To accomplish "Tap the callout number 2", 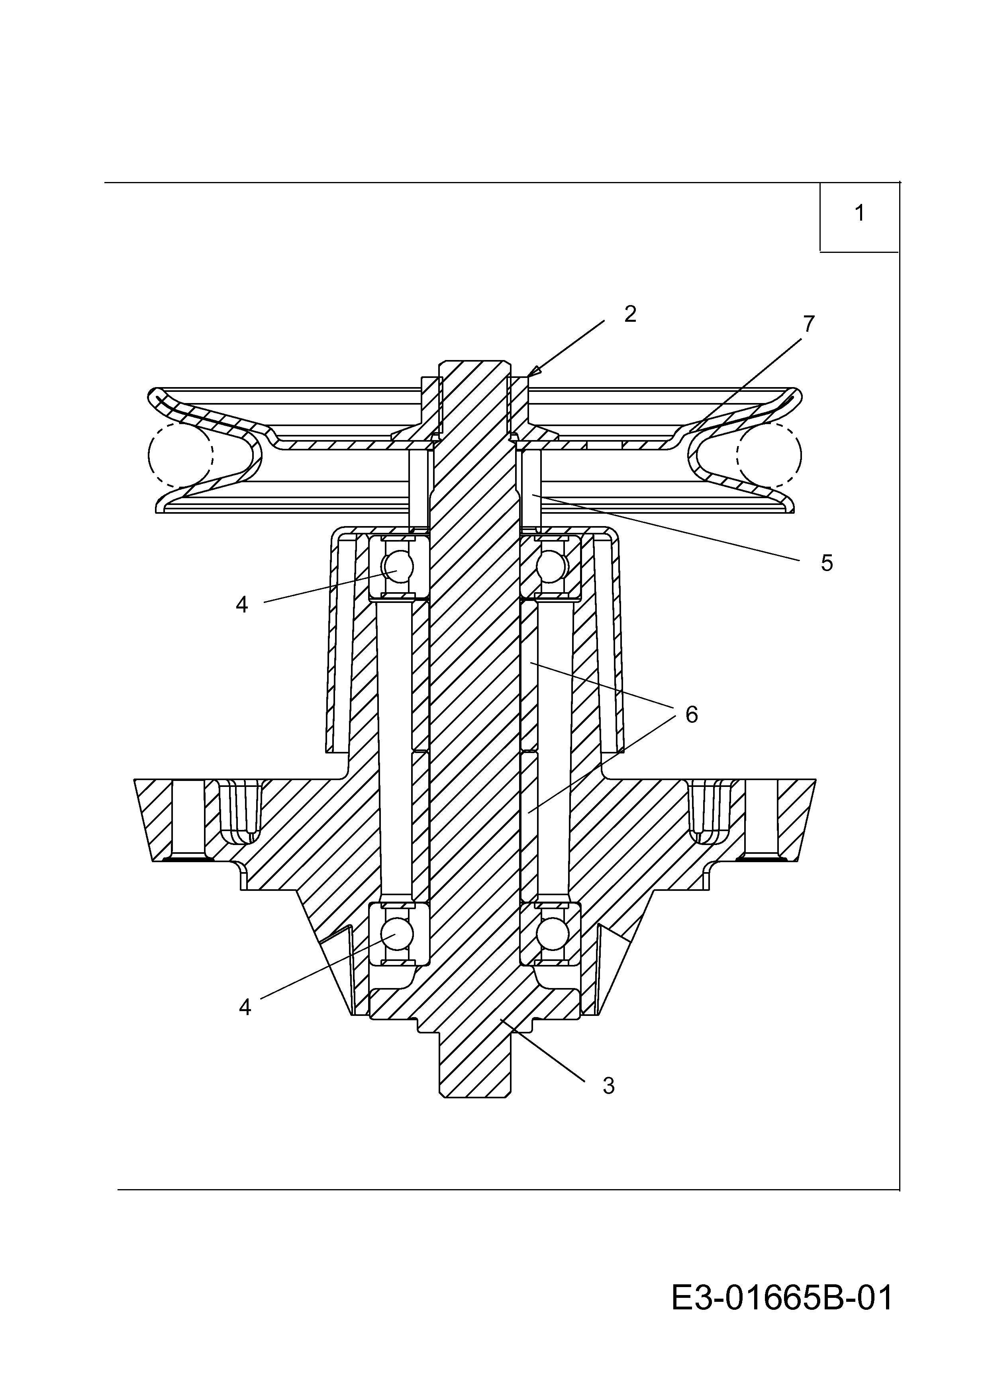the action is (630, 314).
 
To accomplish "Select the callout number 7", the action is (808, 324).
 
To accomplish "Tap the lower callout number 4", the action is (245, 1008).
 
